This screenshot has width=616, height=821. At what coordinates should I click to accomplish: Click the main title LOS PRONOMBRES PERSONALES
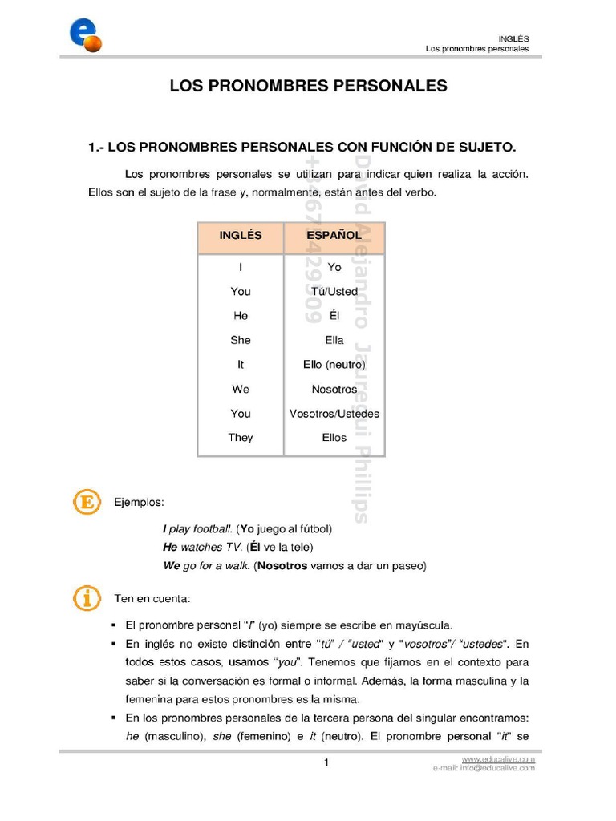pos(308,86)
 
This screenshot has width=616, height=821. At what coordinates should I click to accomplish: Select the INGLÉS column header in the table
pos(241,236)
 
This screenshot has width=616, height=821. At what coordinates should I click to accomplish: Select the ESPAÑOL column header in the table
pos(334,236)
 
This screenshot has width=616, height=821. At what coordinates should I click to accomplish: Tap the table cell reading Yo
pos(334,267)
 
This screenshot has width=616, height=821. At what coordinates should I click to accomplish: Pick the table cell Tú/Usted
pos(334,292)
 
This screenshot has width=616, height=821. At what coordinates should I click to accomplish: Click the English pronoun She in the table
pos(241,340)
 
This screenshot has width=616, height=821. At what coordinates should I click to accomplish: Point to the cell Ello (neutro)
pos(334,365)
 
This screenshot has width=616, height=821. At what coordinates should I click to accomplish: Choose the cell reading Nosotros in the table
pos(334,389)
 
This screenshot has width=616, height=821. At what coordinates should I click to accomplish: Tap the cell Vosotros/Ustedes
pos(334,414)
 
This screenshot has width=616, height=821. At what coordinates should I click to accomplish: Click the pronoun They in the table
pos(241,438)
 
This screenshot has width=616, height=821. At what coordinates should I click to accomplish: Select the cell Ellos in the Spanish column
pos(334,438)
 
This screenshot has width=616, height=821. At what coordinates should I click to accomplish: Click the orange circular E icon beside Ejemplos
pos(87,502)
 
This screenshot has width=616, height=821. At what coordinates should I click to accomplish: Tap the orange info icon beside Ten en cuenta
pos(87,598)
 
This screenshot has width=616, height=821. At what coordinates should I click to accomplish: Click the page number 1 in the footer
pos(326,762)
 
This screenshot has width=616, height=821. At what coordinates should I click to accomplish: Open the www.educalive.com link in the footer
pos(498,758)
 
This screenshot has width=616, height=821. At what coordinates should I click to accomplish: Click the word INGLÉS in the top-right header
pos(513,38)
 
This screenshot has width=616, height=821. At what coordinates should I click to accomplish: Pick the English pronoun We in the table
pos(241,389)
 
